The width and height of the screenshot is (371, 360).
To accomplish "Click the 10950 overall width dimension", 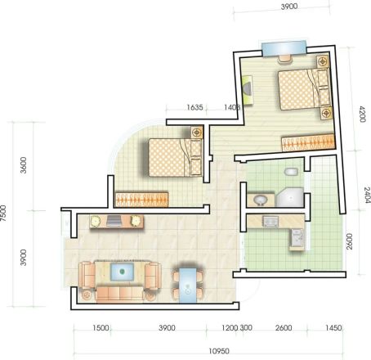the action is tap(219, 351).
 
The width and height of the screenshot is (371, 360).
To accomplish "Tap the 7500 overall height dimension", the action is tap(3, 214).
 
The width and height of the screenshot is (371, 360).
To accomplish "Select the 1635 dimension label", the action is tap(194, 107).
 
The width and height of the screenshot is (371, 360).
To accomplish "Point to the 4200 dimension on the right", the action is tap(362, 114).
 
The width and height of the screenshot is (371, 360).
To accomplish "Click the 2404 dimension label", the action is tap(367, 195).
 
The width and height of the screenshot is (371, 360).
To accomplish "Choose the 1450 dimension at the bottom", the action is tap(333, 327).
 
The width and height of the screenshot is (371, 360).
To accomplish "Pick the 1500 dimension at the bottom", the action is tap(101, 327).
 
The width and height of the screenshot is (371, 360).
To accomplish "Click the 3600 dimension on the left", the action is tap(24, 165).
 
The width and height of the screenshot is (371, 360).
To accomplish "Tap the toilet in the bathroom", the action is tap(291, 172).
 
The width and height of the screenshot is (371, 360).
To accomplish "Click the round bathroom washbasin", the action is tap(261, 200).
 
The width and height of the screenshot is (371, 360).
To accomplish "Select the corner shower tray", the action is tap(290, 197).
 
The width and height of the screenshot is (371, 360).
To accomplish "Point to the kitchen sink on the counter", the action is tap(270, 222).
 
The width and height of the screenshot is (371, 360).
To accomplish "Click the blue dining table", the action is tap(188, 286).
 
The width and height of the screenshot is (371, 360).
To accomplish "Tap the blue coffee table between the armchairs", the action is tap(122, 272).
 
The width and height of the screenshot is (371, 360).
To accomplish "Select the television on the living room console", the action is tap(114, 221).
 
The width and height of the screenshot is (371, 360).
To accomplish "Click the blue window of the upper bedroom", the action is tap(284, 48).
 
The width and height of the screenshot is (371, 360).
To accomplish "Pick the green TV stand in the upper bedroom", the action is tap(248, 90).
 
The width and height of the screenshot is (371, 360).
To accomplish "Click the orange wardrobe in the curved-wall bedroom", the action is tap(141, 200).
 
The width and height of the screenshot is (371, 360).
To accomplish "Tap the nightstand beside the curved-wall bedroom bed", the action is tap(197, 133).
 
